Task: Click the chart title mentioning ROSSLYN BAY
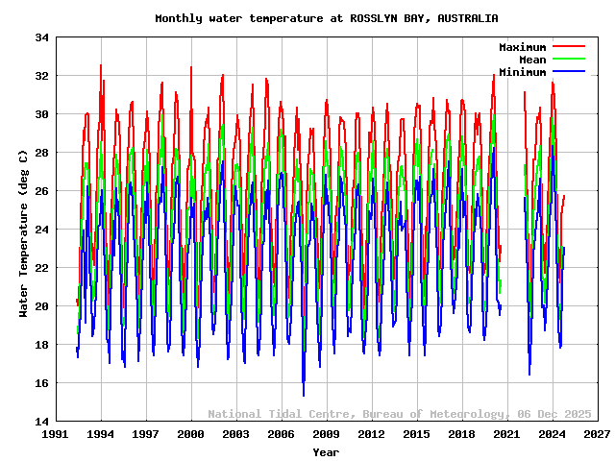coord(326,18)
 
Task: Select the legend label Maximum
coord(522,47)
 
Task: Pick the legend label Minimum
coord(522,72)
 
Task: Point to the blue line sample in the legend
coord(568,72)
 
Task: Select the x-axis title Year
coord(326,451)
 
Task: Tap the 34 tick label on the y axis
coord(41,37)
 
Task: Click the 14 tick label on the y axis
coord(41,422)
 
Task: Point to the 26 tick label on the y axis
coord(41,191)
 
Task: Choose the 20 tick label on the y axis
coord(41,306)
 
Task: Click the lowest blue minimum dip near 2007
coord(304,395)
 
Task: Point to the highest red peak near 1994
coord(101,65)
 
